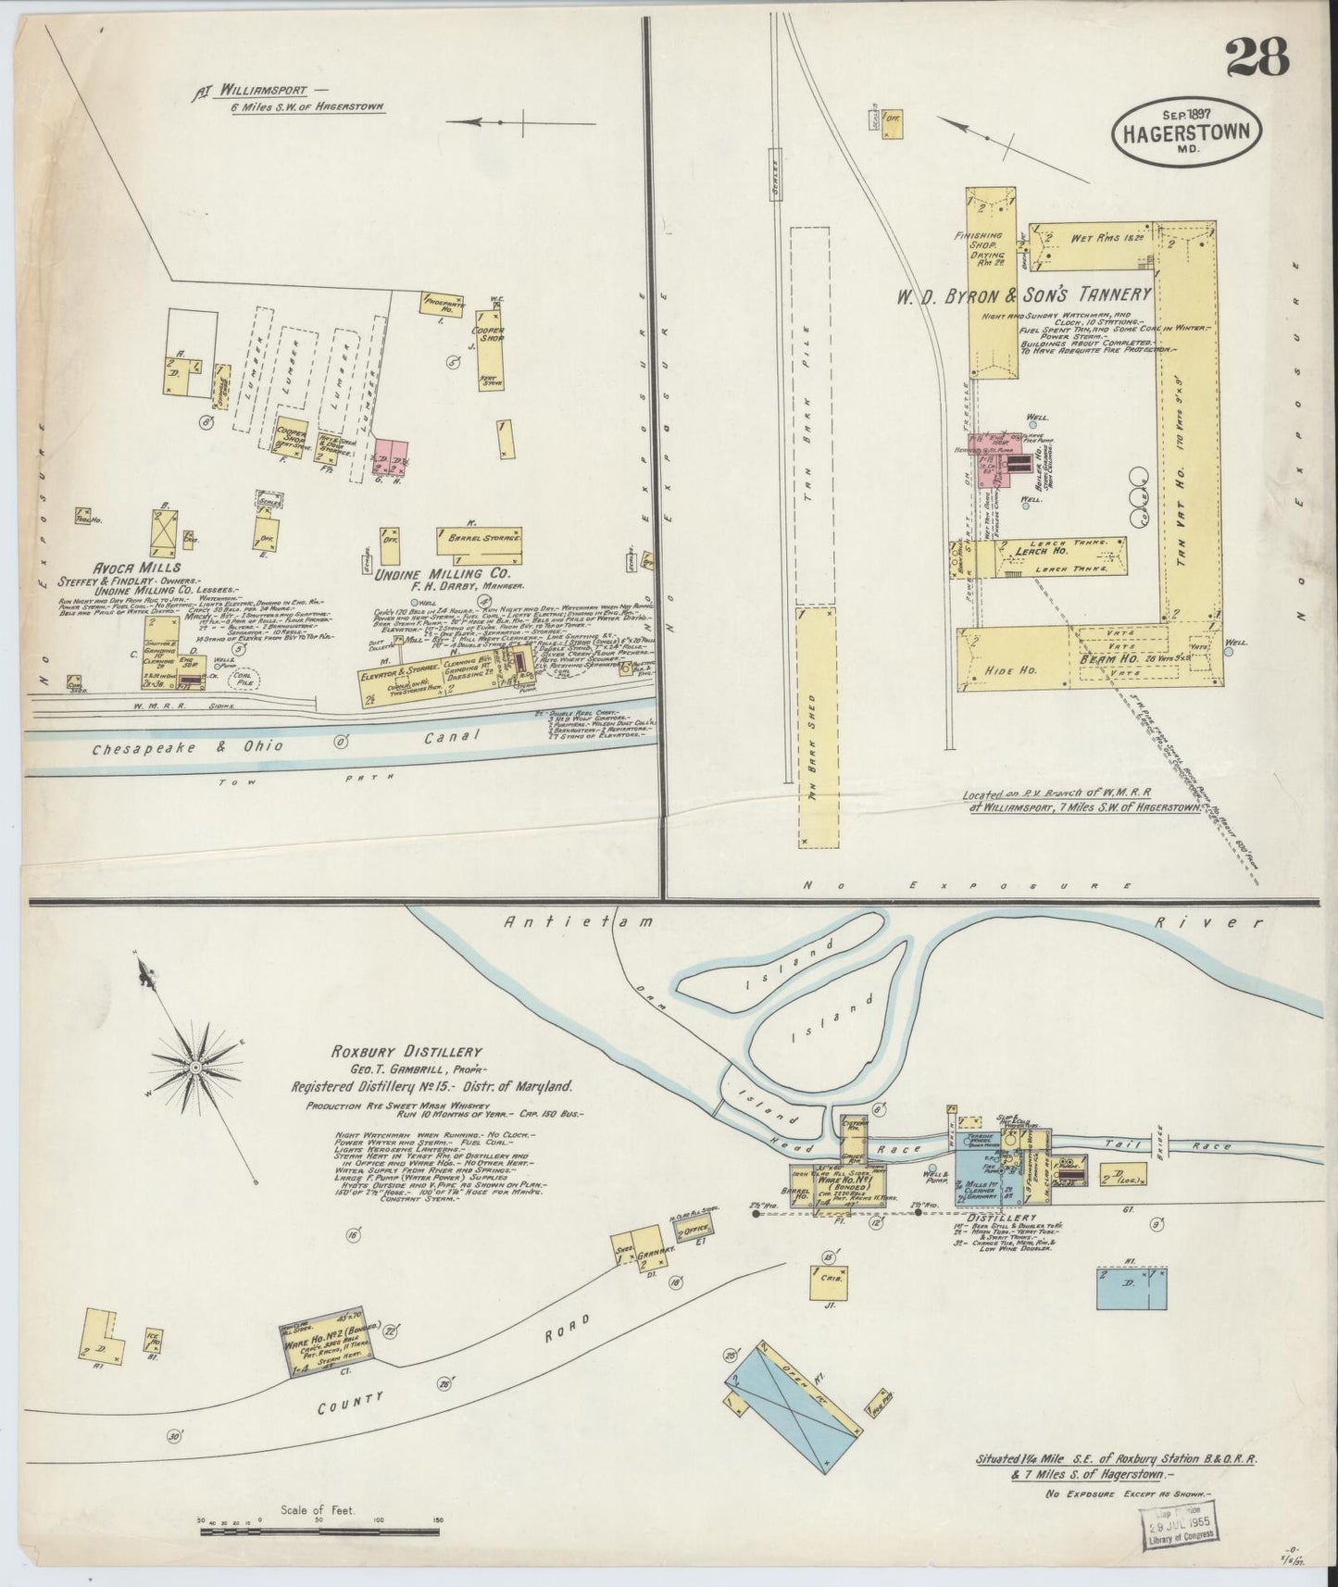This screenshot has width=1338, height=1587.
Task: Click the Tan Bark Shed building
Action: pyautogui.click(x=816, y=728)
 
